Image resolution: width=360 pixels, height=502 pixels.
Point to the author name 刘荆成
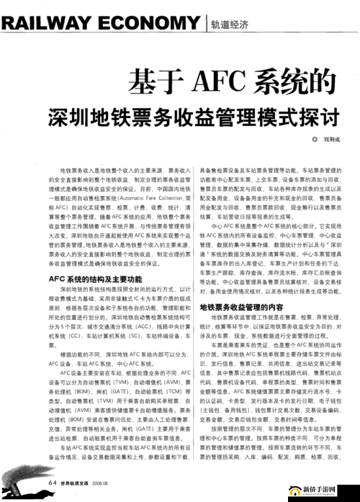[x=313, y=139]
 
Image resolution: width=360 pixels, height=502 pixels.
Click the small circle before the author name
[x=293, y=139]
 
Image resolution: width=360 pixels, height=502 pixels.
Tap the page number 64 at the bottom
[x=53, y=482]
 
